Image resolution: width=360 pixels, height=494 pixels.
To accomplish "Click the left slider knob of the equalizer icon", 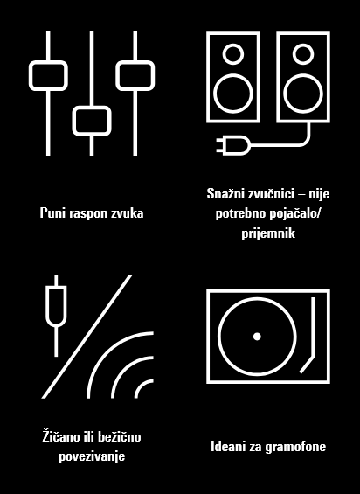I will point(48,75).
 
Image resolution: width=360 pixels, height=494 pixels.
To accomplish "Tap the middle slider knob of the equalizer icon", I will point(91,120).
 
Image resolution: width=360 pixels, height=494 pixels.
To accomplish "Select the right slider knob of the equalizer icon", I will point(134,75).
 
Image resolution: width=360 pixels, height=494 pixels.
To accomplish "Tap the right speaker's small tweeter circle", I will point(303,53).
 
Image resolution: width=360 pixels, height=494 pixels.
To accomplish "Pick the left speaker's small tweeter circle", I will point(232,53).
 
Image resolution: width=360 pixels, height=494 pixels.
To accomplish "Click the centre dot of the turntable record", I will point(257,337).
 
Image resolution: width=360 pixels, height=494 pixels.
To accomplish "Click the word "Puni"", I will point(53,212).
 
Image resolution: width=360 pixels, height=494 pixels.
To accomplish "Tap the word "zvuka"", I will point(127,212).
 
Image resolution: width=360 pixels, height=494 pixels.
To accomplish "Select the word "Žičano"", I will point(61,435).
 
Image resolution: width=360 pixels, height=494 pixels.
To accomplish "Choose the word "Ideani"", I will point(229,447).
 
